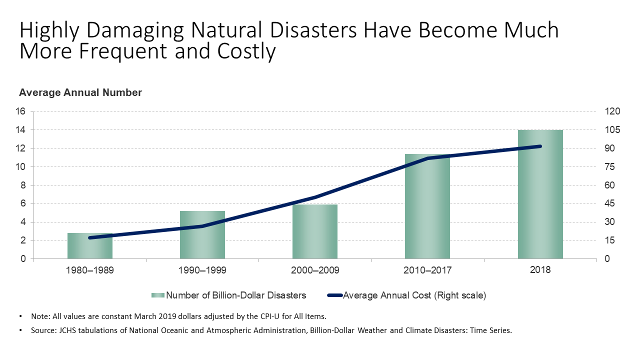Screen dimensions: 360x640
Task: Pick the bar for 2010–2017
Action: pos(427,210)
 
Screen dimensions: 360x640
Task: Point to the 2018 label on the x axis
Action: pos(540,270)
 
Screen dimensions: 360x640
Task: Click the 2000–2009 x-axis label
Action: pos(315,270)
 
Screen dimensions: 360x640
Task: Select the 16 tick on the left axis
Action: pos(21,111)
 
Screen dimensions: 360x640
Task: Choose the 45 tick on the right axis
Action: pos(610,203)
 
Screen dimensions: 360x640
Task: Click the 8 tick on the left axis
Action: pos(23,185)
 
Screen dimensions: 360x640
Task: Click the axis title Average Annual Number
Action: pos(80,92)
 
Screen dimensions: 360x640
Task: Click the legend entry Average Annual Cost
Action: pos(414,295)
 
